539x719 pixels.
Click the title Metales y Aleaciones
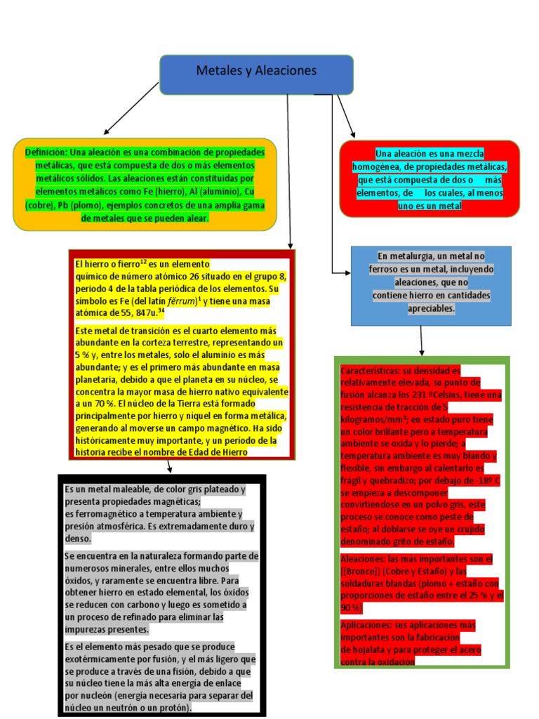(256, 71)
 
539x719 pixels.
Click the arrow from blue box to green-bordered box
(421, 341)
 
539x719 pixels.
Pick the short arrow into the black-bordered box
(169, 467)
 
